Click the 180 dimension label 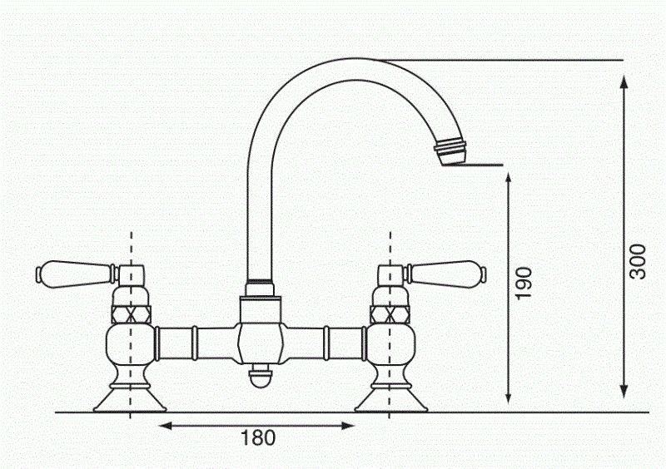tap(257, 438)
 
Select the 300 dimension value tap(638, 262)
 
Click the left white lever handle tap(71, 271)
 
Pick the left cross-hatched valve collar tap(131, 314)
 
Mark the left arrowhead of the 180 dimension tap(164, 426)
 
